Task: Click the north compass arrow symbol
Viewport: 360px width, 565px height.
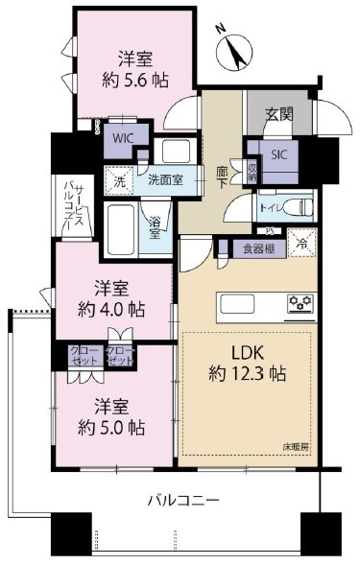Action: (x=235, y=50)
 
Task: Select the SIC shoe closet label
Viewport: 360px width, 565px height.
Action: (x=277, y=153)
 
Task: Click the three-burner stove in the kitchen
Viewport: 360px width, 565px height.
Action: (x=300, y=305)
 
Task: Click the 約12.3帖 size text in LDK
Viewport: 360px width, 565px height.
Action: (x=250, y=373)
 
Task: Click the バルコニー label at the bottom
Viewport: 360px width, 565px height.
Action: (x=183, y=500)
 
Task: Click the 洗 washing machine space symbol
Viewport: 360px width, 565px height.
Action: (x=119, y=180)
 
